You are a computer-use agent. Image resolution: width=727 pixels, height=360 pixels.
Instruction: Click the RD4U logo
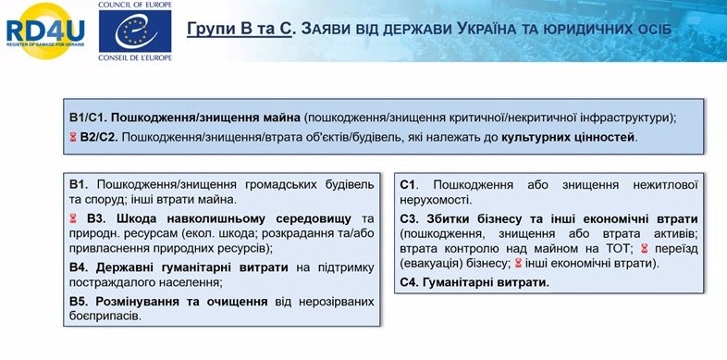coord(45,31)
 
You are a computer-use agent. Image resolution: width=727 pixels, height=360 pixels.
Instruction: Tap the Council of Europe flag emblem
coord(135,31)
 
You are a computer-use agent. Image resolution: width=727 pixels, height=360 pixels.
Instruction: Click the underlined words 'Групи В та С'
coord(240,30)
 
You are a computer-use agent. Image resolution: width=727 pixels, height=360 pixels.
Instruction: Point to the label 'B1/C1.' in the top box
coord(89,118)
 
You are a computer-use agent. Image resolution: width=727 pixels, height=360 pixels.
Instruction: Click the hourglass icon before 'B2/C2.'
coord(73,137)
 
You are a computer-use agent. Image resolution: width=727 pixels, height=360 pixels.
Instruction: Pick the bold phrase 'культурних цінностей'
coord(569,137)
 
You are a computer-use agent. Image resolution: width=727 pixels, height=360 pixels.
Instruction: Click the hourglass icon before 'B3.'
coord(73,218)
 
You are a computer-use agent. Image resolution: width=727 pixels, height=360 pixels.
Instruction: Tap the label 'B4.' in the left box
coord(80,267)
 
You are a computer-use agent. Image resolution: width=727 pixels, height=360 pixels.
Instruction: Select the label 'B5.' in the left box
coord(80,302)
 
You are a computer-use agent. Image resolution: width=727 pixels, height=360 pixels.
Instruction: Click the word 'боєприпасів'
coord(105,317)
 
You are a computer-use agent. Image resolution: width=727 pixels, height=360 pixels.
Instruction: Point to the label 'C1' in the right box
coord(408,185)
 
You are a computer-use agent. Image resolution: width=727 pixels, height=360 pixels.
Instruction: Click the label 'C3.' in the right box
coord(410,218)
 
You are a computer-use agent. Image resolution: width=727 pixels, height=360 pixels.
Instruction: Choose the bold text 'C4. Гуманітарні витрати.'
coord(474,282)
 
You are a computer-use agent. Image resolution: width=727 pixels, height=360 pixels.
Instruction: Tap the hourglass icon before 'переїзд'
coord(644,249)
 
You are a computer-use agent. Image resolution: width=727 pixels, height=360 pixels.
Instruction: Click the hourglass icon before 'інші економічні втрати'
coord(518,264)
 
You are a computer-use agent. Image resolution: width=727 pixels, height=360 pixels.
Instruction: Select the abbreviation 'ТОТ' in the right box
coord(617,249)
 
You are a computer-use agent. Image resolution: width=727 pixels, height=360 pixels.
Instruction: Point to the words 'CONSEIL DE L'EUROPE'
coord(135,57)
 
